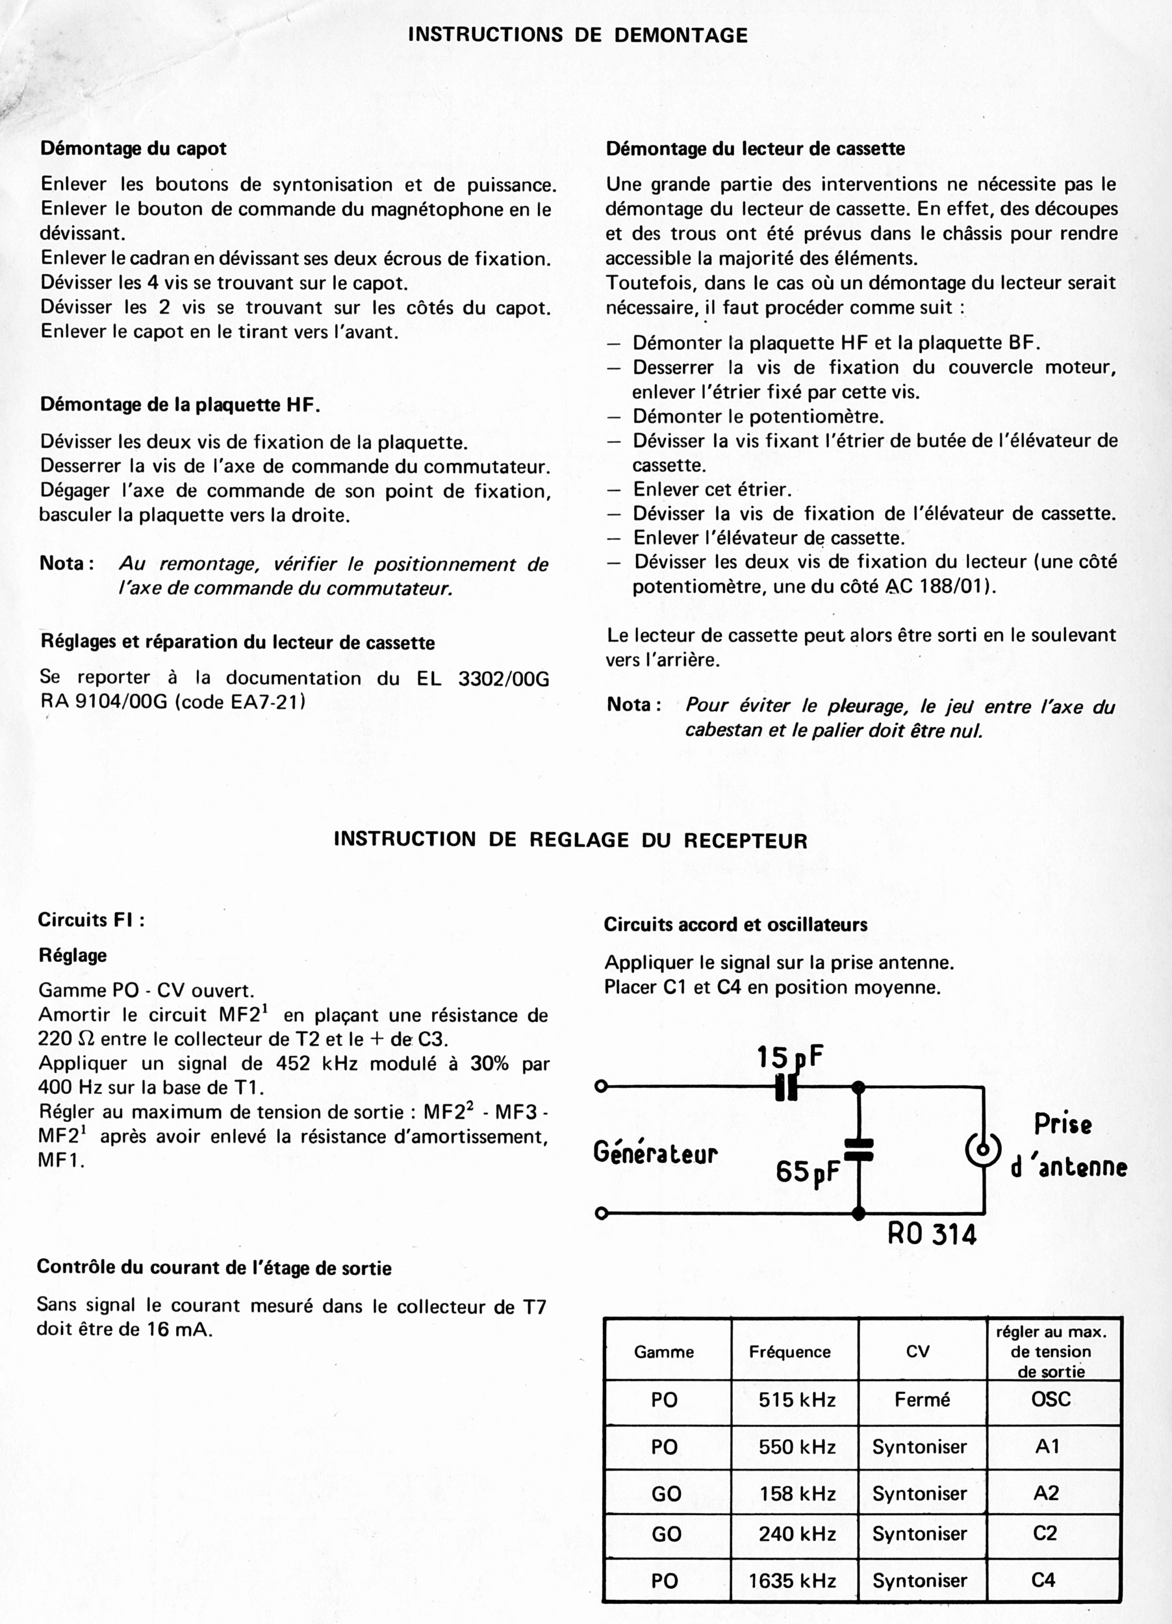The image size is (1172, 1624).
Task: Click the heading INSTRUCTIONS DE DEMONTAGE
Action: [x=577, y=35]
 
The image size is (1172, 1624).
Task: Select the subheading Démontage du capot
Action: [x=133, y=149]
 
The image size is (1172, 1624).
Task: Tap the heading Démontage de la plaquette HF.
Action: [x=180, y=405]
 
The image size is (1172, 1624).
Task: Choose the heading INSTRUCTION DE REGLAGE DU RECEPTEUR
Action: [x=570, y=840]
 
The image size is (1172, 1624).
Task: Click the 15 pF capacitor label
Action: [x=790, y=1056]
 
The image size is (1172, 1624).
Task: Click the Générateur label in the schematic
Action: [x=655, y=1154]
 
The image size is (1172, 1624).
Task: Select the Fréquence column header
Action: [x=790, y=1352]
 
